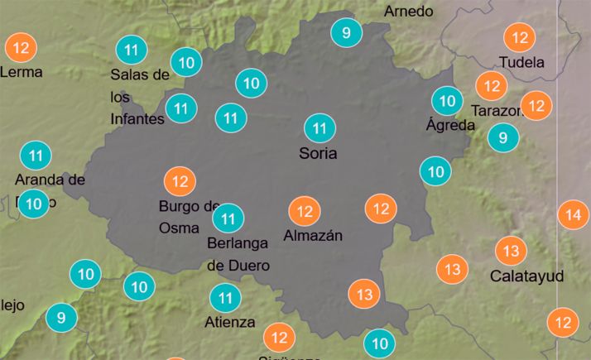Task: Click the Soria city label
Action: (319, 153)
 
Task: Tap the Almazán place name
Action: (312, 236)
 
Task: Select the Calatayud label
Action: (526, 276)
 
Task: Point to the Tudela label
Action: (521, 62)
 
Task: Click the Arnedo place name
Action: (409, 11)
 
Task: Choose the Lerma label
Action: (21, 72)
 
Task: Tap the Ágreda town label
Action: (450, 126)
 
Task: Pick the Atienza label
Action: (229, 322)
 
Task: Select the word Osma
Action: (178, 228)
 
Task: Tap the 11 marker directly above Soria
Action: (320, 128)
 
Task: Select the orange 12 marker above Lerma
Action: (22, 48)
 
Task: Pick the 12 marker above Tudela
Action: (521, 38)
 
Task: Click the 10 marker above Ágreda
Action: (447, 102)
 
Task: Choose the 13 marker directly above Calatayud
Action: (511, 251)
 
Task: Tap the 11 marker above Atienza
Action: (225, 297)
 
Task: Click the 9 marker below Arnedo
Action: (346, 33)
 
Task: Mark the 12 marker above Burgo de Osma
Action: (180, 181)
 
